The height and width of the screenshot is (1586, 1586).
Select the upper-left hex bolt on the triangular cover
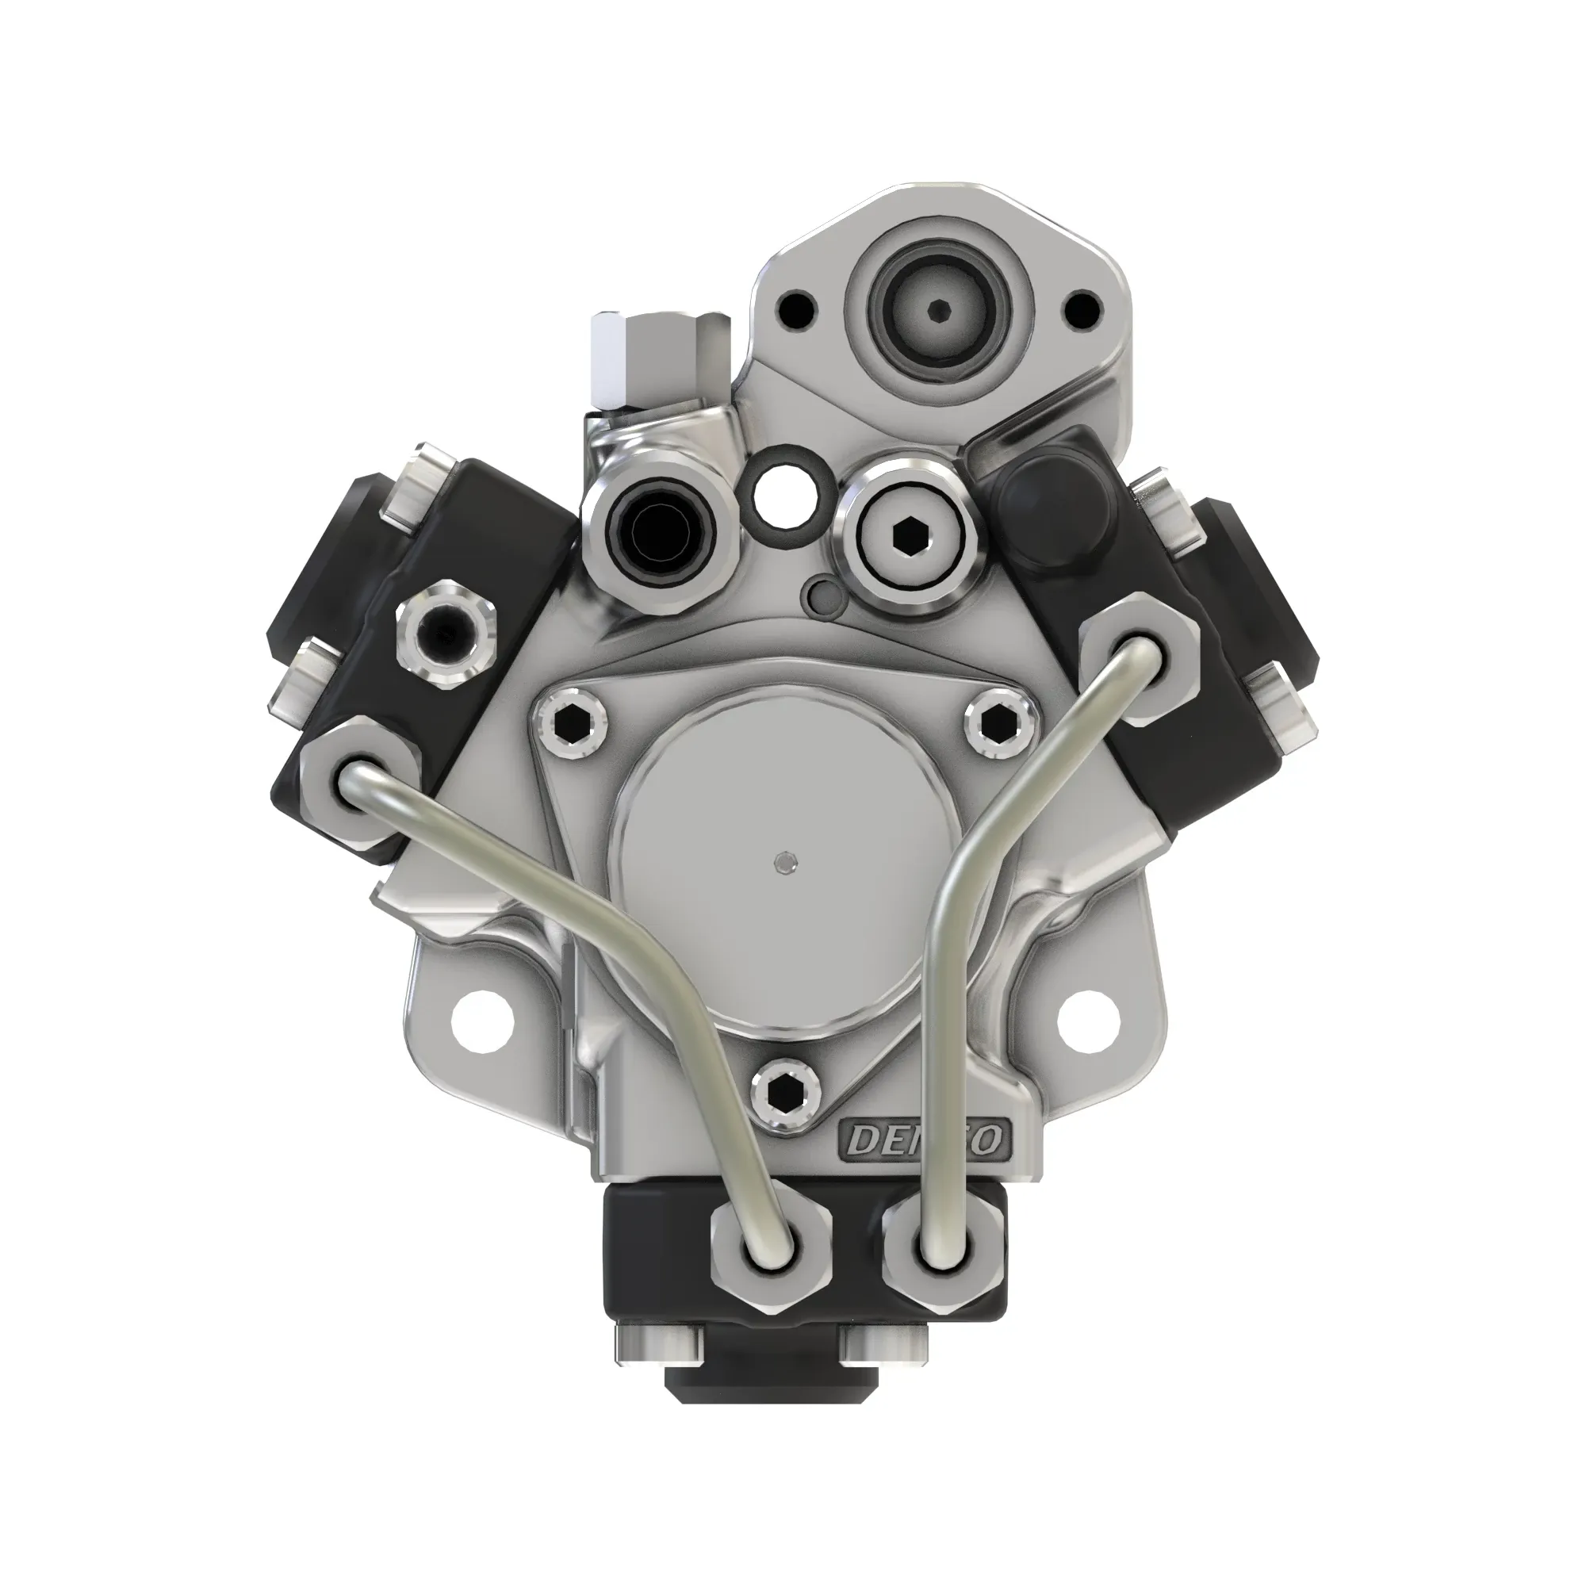573,722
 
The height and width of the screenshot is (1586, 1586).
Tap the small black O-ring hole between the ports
785,498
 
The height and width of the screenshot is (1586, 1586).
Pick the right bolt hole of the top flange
1080,309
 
